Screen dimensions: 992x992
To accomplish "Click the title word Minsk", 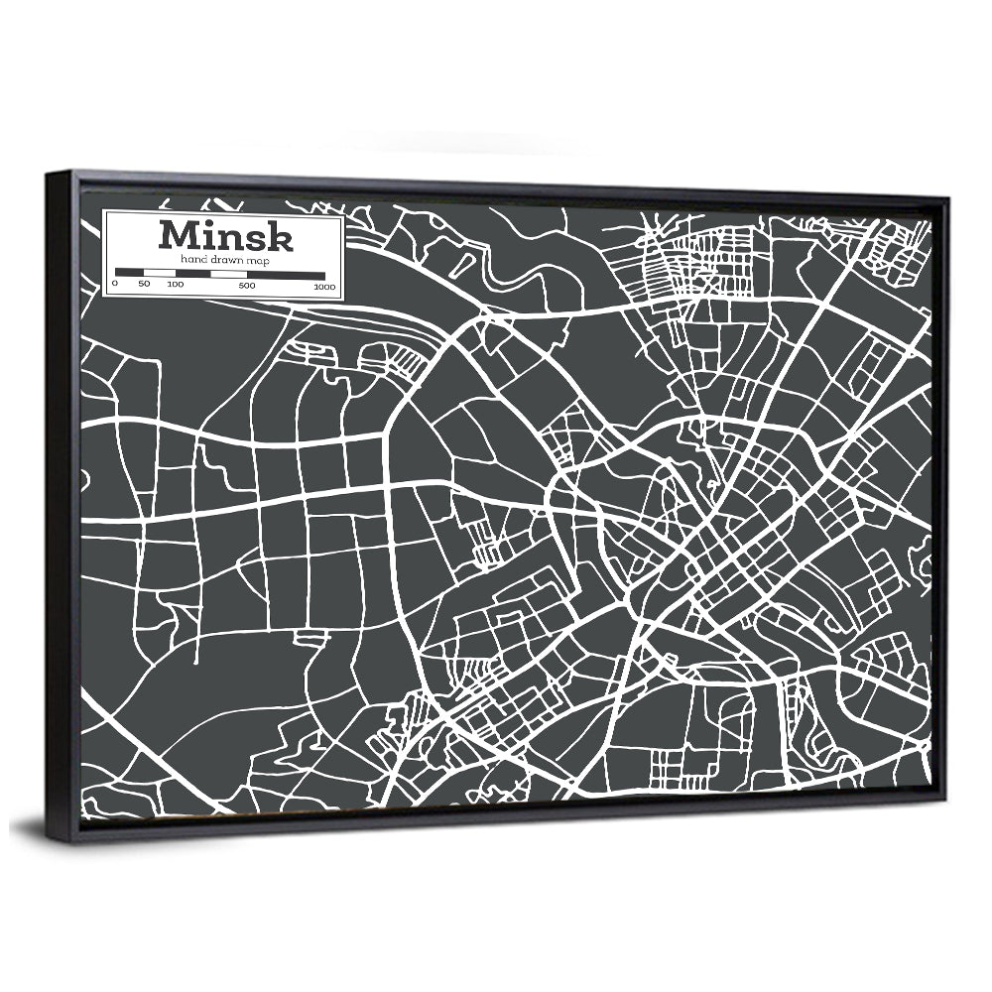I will coord(224,236).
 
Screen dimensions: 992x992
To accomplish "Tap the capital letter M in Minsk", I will coord(177,236).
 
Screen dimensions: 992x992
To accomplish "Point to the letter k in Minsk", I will coord(279,237).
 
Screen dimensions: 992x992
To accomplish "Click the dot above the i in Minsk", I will coord(209,224).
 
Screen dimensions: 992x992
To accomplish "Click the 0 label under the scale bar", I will coord(115,285).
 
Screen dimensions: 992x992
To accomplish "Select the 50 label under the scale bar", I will coord(145,285).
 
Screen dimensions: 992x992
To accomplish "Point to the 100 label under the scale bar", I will coord(176,285).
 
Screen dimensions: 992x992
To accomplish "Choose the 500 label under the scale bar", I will coord(247,286).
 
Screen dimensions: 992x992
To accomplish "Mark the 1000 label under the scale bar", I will coord(324,287).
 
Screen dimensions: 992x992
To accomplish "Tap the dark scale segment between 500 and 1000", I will coord(286,274).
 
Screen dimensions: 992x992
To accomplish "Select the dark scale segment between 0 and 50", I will coord(130,272).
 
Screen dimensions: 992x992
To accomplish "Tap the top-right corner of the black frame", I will coord(948,199).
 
